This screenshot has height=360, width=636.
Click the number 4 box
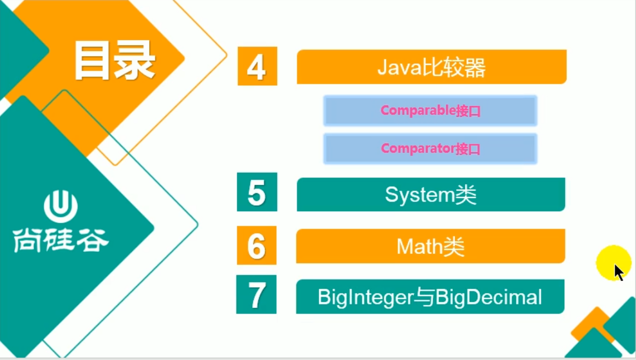pos(257,66)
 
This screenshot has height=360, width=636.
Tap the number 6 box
pos(256,246)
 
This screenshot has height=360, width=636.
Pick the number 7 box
pos(256,294)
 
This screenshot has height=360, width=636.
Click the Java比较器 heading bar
pos(431,67)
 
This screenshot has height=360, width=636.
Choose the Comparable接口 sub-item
pos(430,111)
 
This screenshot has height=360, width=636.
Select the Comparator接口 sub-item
pos(430,149)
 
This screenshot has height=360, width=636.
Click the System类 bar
pos(431,195)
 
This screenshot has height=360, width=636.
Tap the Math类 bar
pos(430,246)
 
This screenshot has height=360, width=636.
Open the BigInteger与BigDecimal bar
pos(430,297)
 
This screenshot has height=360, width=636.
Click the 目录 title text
pos(115,61)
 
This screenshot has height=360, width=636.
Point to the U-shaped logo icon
pos(61,207)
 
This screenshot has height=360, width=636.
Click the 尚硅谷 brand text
pos(61,240)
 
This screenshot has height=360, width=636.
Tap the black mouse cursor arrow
pos(618,272)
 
